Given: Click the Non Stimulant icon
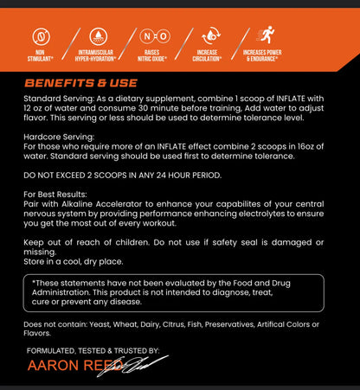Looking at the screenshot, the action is [x=40, y=38].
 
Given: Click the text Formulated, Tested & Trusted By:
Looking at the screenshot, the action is [x=93, y=350].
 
